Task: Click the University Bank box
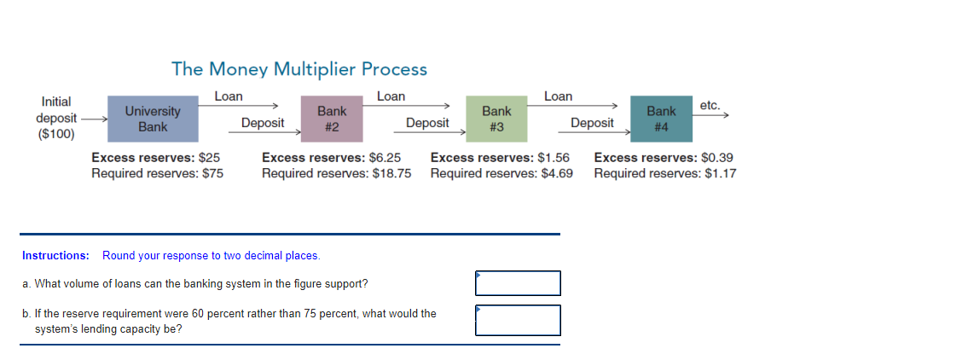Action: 153,119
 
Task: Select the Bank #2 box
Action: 332,119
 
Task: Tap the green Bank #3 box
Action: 496,119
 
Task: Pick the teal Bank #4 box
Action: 661,119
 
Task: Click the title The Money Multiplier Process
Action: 299,68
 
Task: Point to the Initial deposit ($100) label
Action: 56,118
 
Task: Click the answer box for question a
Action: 518,283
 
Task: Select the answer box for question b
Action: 518,320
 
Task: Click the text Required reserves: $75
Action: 157,173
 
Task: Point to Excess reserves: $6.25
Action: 331,158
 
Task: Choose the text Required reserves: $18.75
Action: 336,173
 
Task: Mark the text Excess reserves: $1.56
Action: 500,158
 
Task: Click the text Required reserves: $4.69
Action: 501,173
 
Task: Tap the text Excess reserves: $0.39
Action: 663,158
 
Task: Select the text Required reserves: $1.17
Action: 665,173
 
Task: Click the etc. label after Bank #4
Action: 710,105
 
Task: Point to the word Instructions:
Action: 55,255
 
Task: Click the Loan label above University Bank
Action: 229,96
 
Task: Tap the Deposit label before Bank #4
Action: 592,123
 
